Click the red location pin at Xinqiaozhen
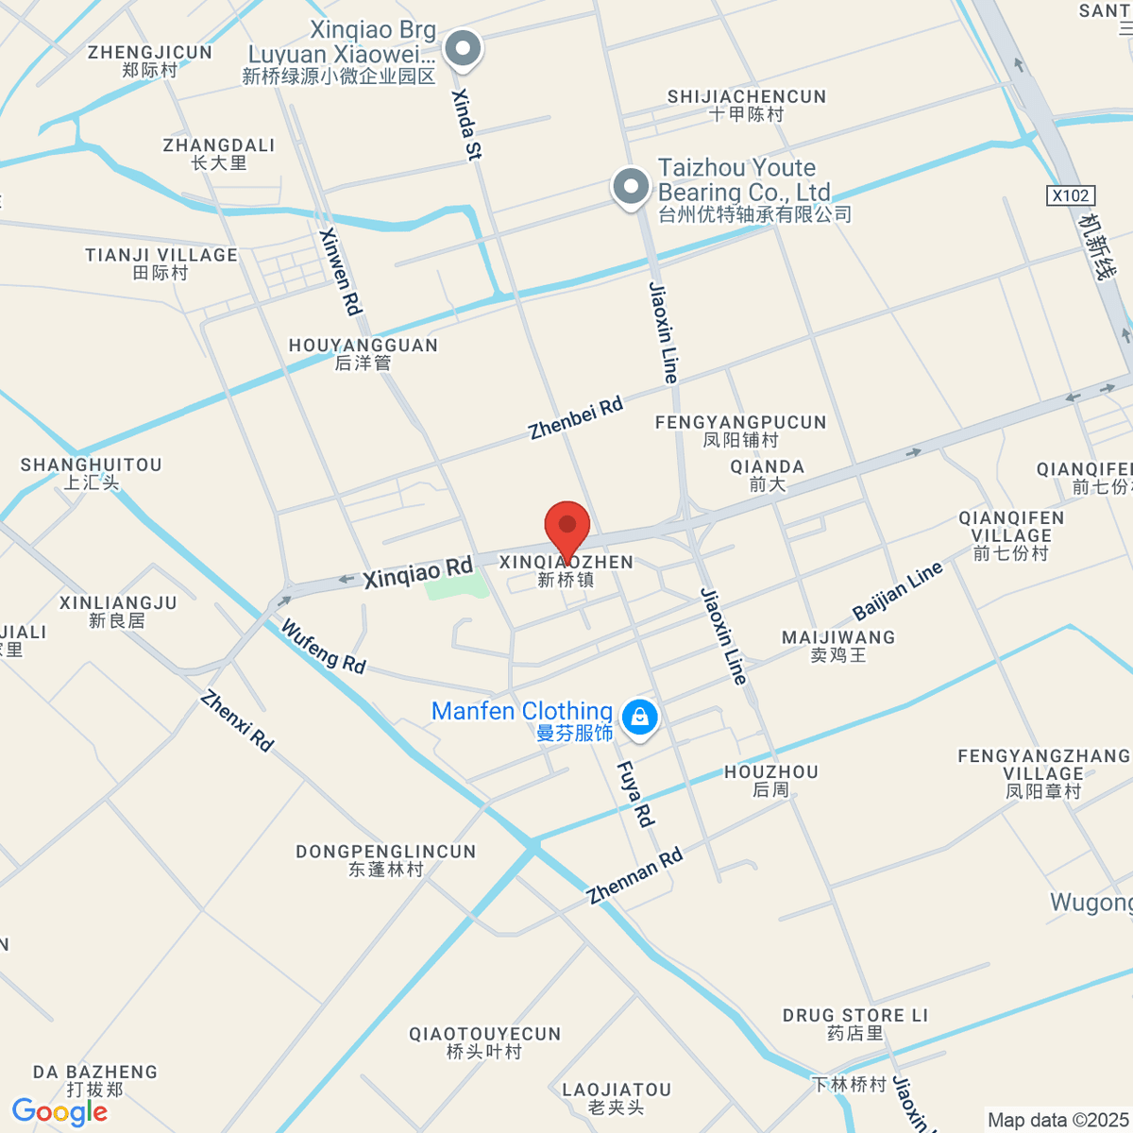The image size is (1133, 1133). click(x=567, y=525)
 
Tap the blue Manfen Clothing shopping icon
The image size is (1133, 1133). click(x=640, y=717)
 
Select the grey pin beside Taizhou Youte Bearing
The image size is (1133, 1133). click(x=631, y=186)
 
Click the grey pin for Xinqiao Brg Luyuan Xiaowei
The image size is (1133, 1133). click(x=463, y=48)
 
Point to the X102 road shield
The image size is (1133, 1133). click(x=1071, y=195)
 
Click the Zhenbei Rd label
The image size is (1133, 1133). click(x=576, y=418)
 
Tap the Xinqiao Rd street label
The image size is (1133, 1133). click(x=418, y=572)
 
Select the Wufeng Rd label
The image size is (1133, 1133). click(x=323, y=647)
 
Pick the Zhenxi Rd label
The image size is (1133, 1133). click(x=237, y=721)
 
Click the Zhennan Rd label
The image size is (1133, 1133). click(x=634, y=877)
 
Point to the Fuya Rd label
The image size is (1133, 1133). click(x=635, y=794)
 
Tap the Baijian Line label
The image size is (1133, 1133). click(x=897, y=590)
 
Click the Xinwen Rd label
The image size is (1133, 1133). click(x=341, y=271)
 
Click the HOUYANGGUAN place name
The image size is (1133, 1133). click(x=364, y=353)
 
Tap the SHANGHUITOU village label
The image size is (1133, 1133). click(x=92, y=473)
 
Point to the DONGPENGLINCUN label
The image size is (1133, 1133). click(x=386, y=860)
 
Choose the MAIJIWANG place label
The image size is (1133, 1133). click(x=838, y=646)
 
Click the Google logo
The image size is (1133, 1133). click(x=59, y=1112)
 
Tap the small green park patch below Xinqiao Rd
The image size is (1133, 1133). click(x=457, y=585)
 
